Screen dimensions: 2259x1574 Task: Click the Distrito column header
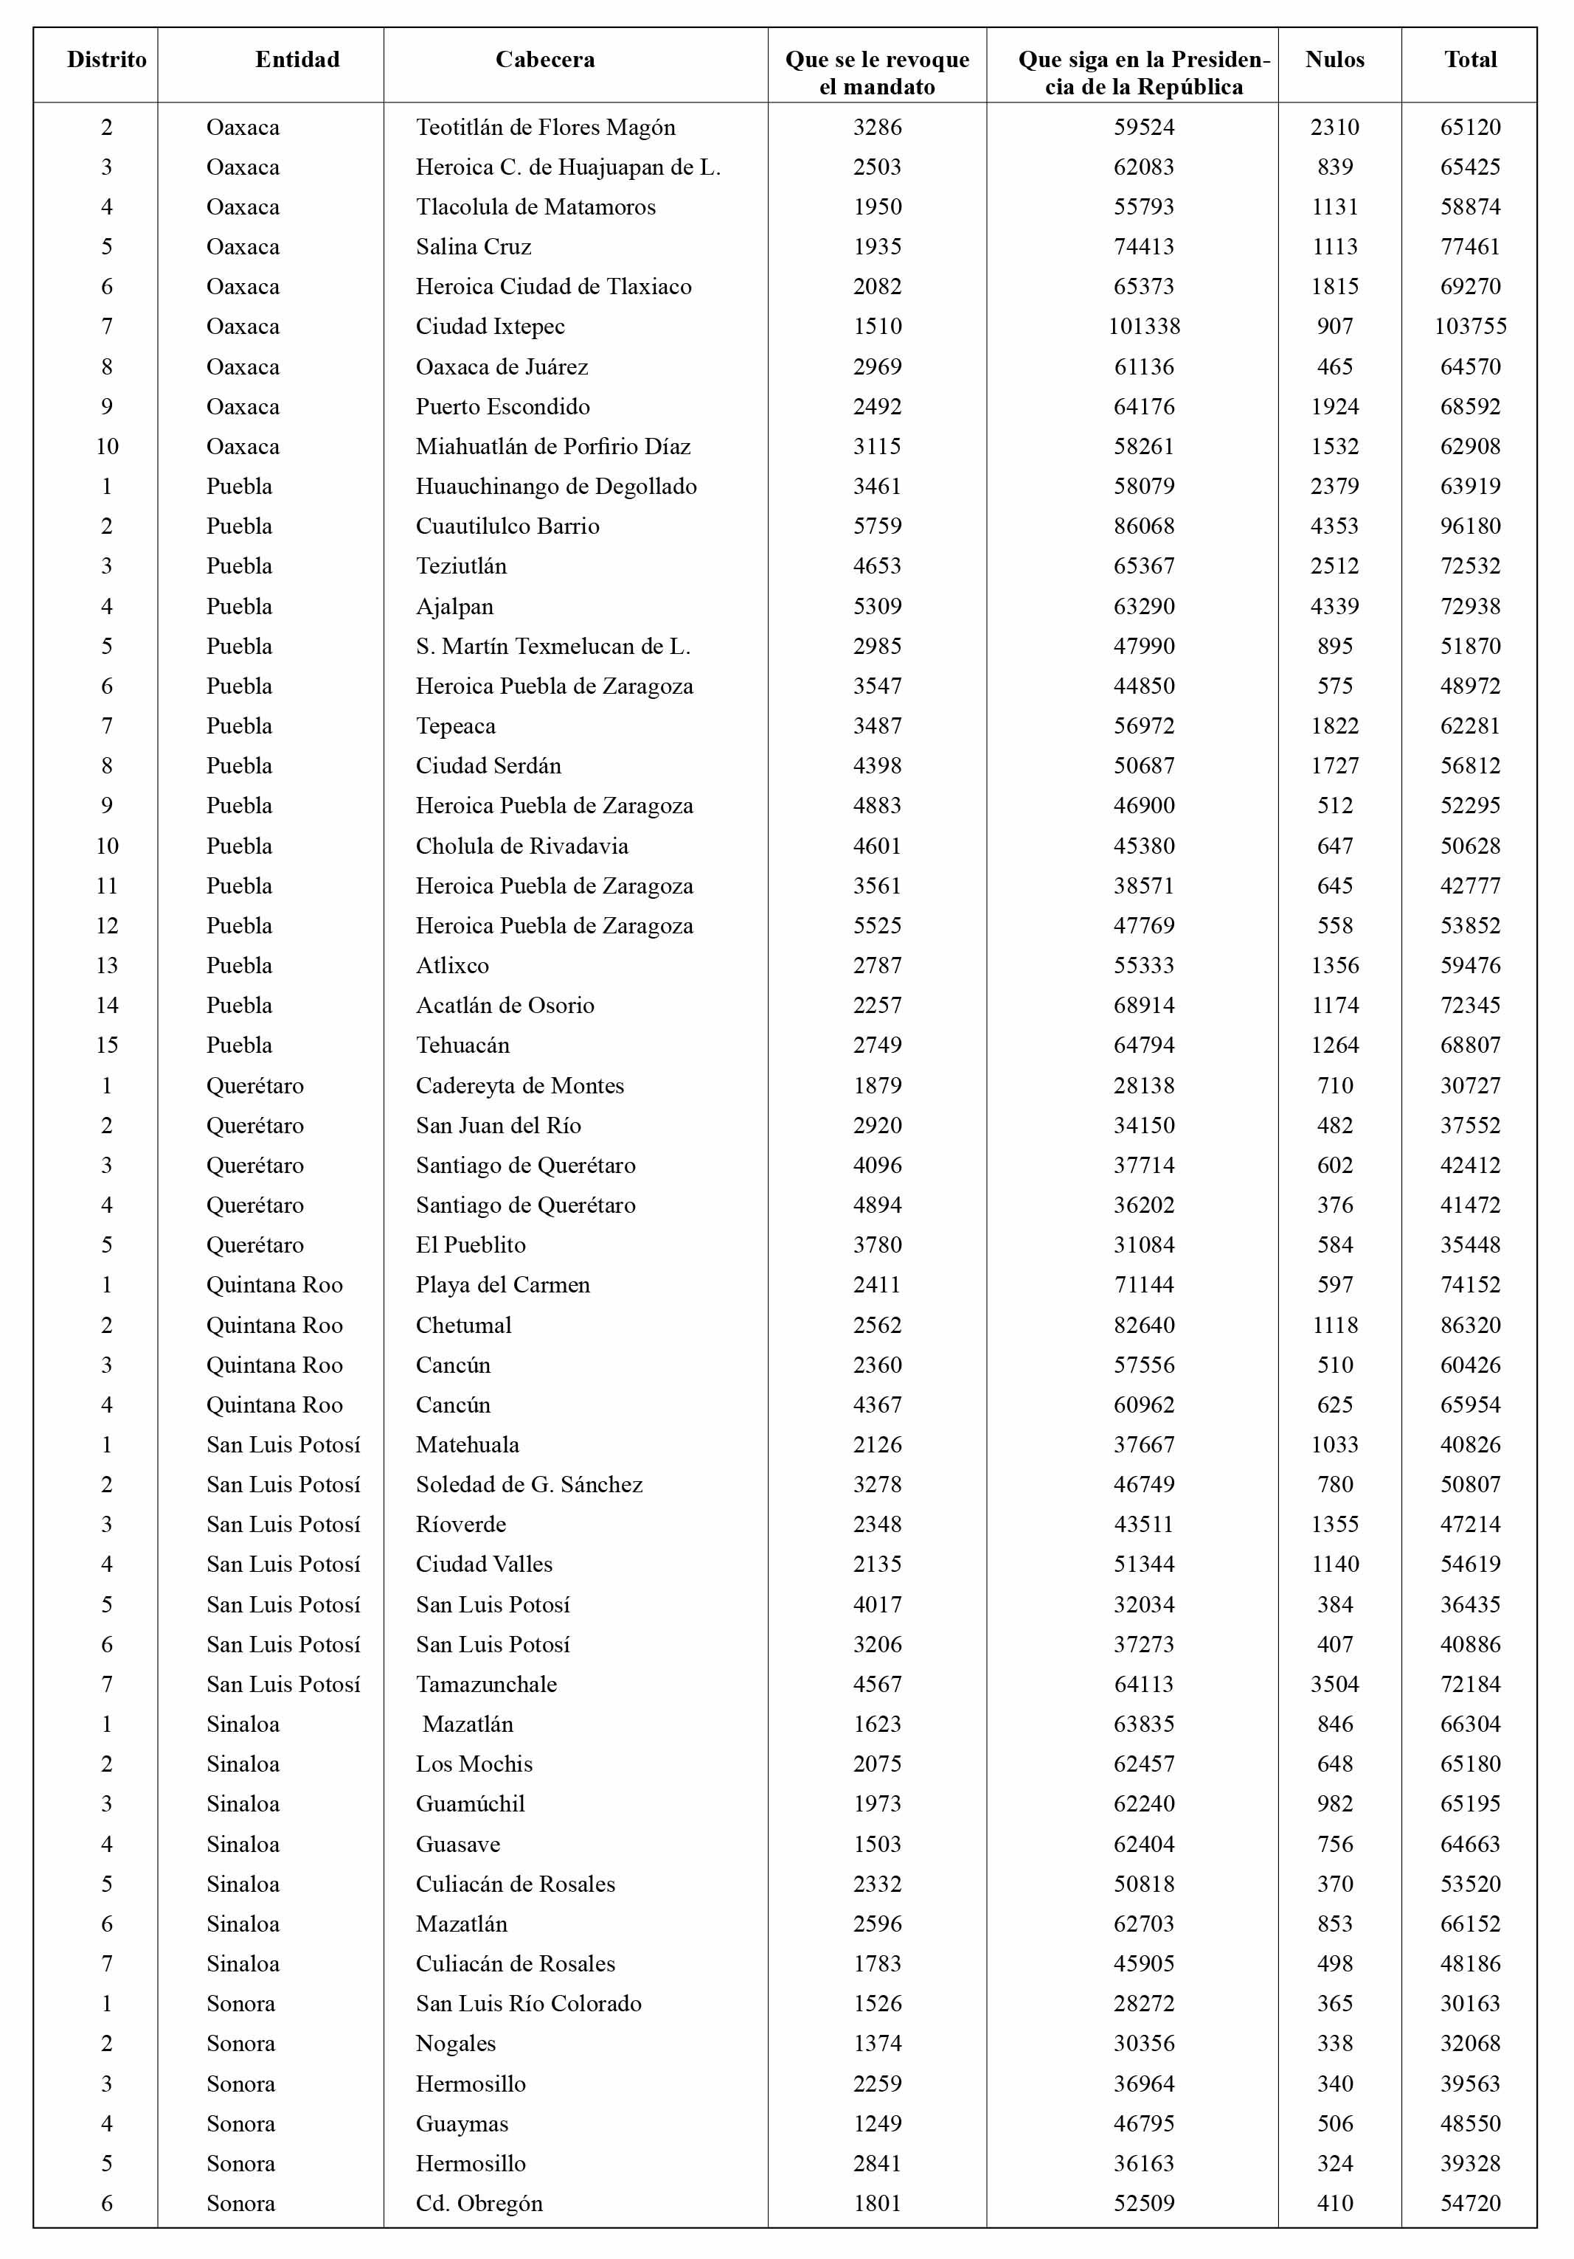pos(106,60)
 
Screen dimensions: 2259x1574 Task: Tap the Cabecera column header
pos(544,60)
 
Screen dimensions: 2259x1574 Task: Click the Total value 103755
pos(1470,327)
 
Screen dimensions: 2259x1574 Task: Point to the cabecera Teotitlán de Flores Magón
pos(545,128)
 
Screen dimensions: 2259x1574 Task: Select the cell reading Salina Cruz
pos(474,247)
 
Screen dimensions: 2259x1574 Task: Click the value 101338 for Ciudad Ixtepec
pos(1144,327)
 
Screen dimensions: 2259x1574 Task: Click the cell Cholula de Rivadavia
pos(521,846)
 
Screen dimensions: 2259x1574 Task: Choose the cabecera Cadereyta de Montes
pos(520,1086)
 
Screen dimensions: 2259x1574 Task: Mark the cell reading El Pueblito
pos(471,1245)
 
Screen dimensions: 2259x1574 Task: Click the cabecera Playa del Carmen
pos(503,1285)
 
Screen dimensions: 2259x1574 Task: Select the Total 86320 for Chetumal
pos(1470,1326)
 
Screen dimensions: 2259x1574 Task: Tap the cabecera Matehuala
pos(468,1445)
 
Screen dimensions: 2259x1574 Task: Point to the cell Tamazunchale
pos(486,1685)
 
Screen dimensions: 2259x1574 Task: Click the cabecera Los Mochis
pos(474,1764)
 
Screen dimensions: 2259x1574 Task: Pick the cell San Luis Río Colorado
pos(529,2004)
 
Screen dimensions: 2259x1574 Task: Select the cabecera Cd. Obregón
pos(479,2204)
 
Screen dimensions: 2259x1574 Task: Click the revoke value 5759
pos(877,526)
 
